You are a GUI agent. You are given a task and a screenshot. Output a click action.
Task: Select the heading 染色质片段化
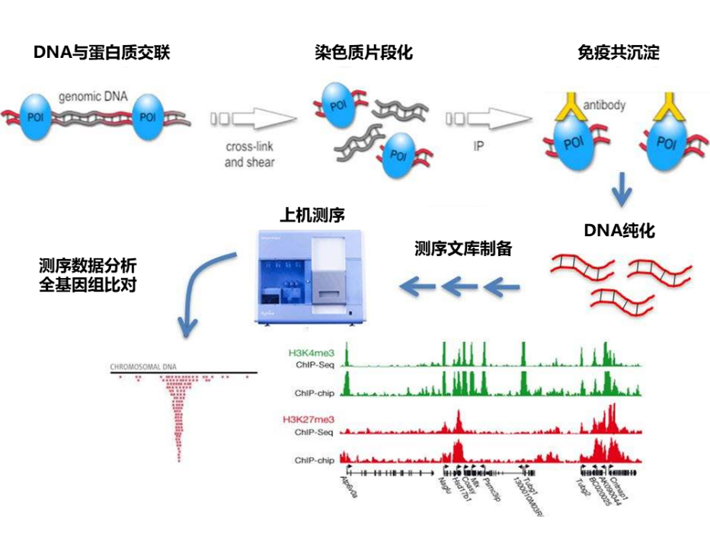coord(363,53)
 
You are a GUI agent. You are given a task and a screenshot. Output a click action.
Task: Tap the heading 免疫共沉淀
coord(619,53)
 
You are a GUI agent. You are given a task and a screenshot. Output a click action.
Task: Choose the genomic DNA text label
coord(93,97)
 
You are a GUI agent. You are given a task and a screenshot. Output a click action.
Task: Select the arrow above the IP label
coord(488,118)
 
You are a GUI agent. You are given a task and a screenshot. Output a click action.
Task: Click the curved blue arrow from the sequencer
coord(202,290)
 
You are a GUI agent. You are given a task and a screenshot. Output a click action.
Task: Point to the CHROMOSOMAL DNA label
coord(144,366)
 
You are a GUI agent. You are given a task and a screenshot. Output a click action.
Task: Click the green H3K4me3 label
coord(311,353)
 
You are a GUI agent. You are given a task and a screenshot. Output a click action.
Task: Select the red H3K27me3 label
coord(309,419)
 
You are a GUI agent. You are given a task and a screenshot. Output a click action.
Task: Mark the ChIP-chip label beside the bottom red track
coord(314,460)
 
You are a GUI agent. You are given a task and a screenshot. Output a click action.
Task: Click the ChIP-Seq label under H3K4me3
coord(314,365)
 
